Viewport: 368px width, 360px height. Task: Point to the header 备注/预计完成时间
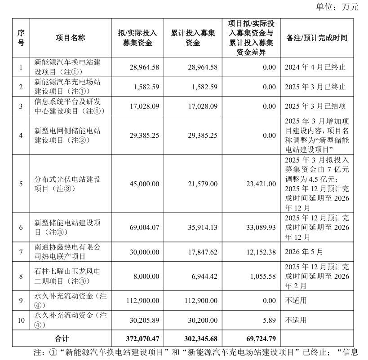[x=316, y=38]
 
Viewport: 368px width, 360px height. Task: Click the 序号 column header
[x=21, y=38]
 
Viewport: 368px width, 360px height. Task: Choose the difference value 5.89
[x=270, y=320]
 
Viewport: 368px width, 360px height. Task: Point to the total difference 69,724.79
[x=258, y=337]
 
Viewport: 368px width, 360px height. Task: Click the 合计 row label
[x=62, y=337]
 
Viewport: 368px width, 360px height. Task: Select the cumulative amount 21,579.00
[x=201, y=184]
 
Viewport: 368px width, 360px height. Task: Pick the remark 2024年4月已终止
[x=315, y=67]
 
